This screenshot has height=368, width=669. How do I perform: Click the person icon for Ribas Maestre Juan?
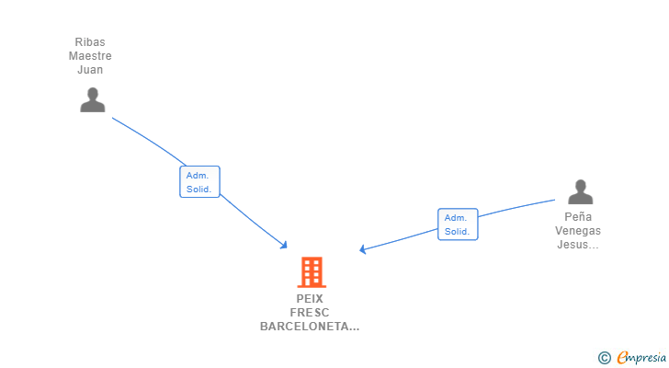coord(92,99)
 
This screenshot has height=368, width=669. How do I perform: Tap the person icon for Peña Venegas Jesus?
coord(580,192)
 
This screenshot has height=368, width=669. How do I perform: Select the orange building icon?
coord(312,272)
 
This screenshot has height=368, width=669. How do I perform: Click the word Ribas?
coord(90,42)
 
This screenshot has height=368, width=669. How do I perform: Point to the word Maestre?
coord(90,56)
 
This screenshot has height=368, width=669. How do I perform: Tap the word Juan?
coord(90,70)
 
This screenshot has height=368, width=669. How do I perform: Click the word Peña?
coord(579,217)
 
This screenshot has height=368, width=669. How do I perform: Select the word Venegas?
coord(578,231)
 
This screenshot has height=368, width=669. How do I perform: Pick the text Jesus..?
coord(576,245)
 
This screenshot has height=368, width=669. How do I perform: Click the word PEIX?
coord(310,299)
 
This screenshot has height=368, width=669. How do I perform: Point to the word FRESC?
coord(310,313)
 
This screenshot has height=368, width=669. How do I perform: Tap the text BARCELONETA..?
coord(307,327)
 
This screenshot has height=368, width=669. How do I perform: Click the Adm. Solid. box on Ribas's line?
coord(199,182)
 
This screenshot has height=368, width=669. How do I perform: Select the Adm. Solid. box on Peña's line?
coord(458,224)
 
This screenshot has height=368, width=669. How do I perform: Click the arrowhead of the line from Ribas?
coord(285,246)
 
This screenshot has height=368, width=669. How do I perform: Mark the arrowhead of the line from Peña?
coord(363,249)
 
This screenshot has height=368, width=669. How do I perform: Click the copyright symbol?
coord(604,358)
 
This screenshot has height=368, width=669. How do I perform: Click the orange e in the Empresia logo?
coord(622,358)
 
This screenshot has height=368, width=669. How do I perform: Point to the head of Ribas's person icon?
coord(92,93)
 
